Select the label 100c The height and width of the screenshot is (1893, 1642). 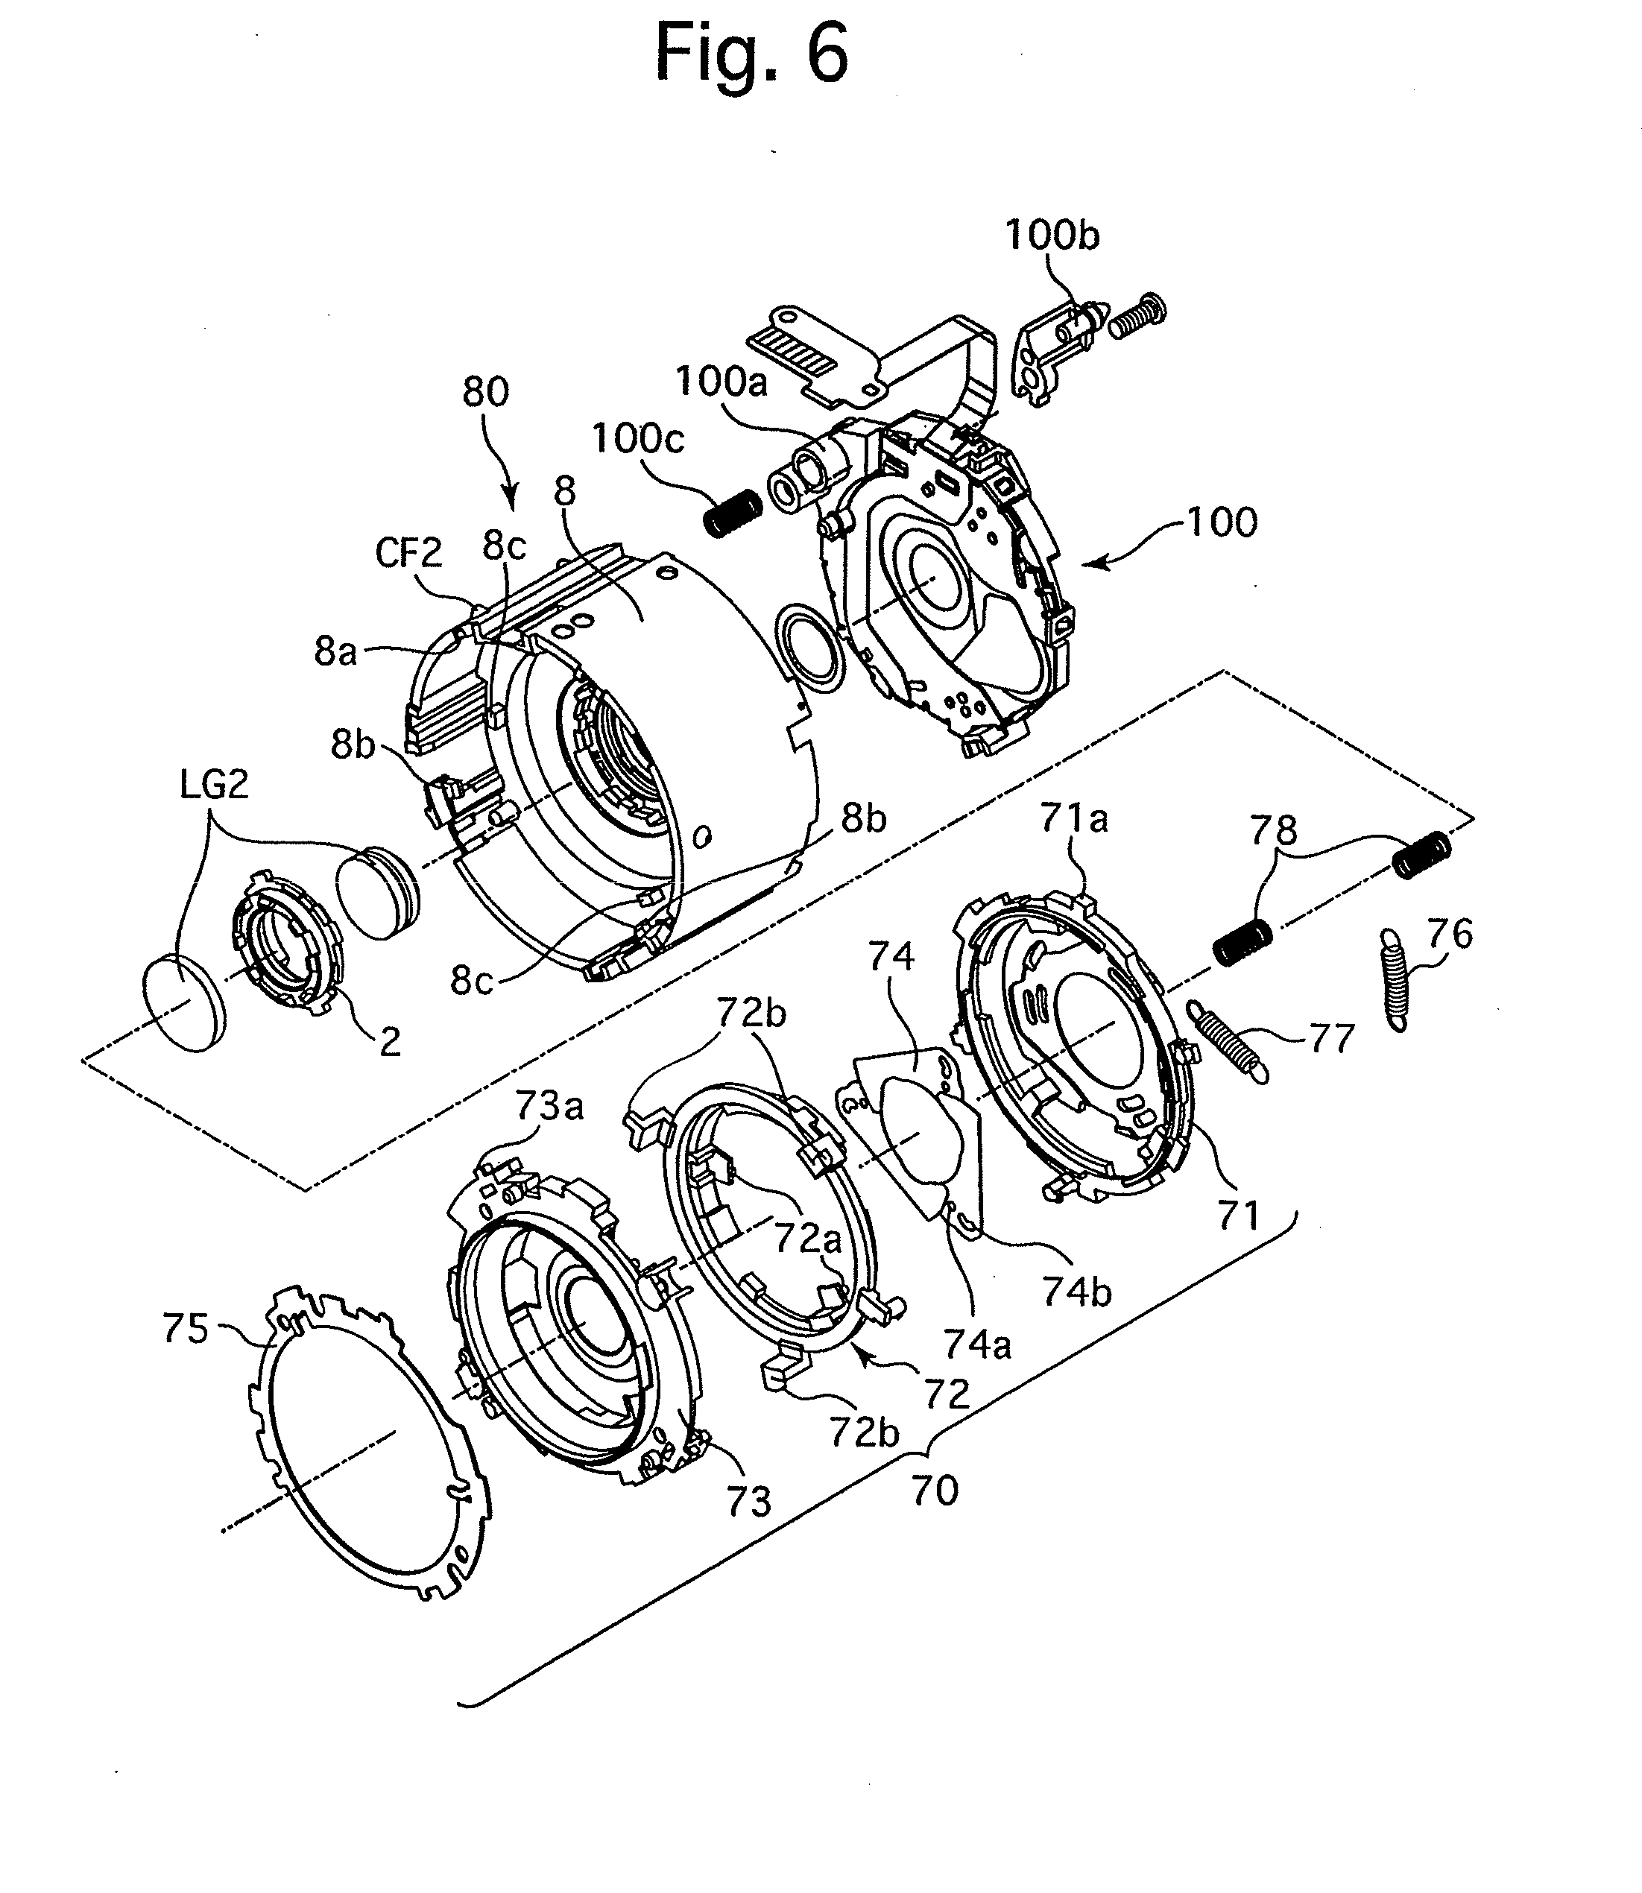point(639,439)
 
